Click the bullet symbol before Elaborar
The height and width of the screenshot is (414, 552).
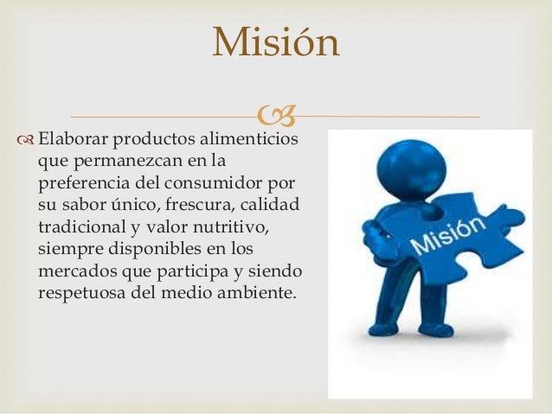tap(26, 139)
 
